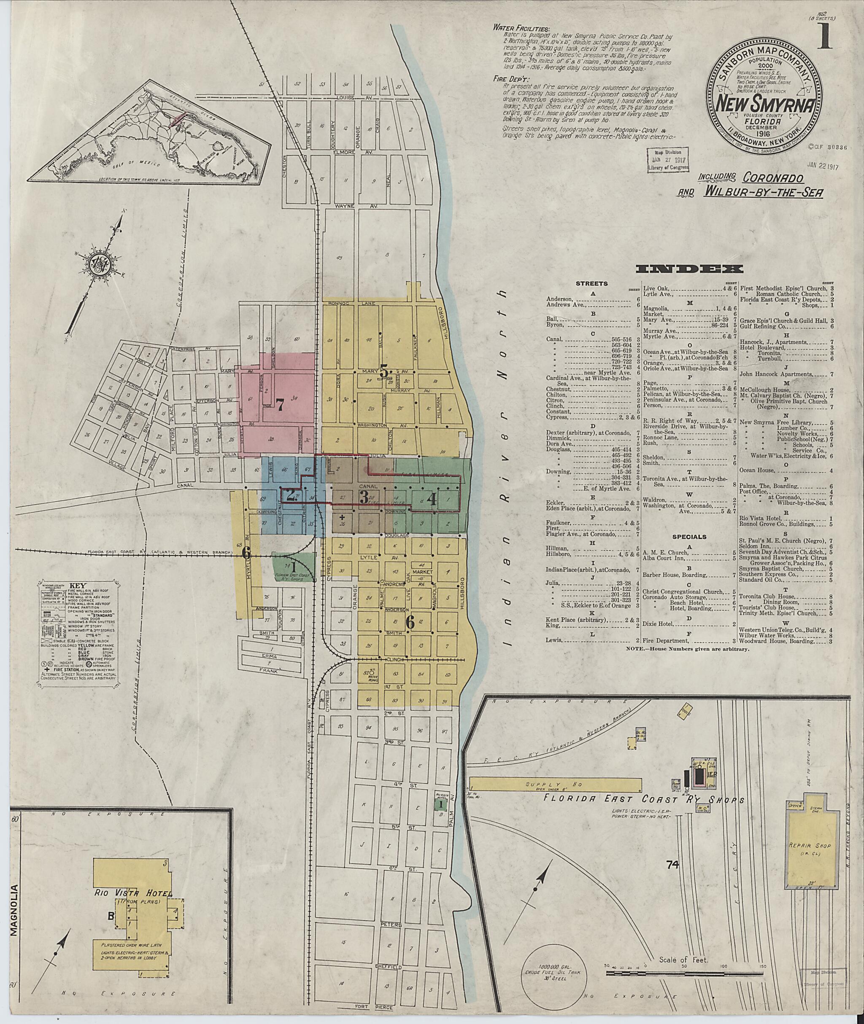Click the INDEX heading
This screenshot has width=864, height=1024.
point(689,269)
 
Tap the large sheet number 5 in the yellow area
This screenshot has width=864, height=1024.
point(383,371)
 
